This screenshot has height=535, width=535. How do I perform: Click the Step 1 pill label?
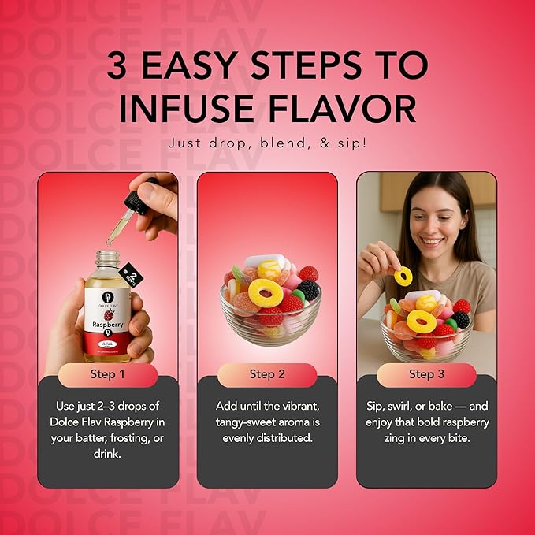[x=108, y=374]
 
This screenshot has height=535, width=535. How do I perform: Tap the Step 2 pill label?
[x=267, y=374]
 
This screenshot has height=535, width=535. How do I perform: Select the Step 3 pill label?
[x=426, y=374]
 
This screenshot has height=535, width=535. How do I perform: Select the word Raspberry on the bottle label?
[x=107, y=322]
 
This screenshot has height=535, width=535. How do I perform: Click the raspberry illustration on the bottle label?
[x=107, y=304]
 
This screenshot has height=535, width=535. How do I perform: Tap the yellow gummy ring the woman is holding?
[x=403, y=275]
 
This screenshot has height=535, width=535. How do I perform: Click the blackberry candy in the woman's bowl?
[x=461, y=319]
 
